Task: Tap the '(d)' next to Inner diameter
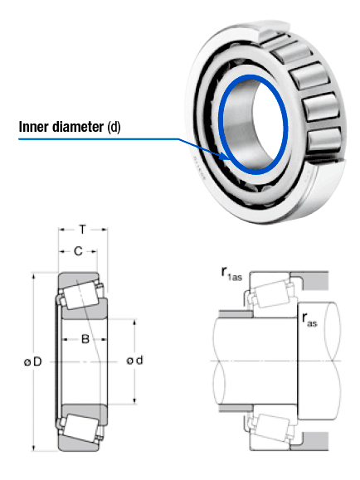point(114,128)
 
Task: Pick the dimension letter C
point(77,251)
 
